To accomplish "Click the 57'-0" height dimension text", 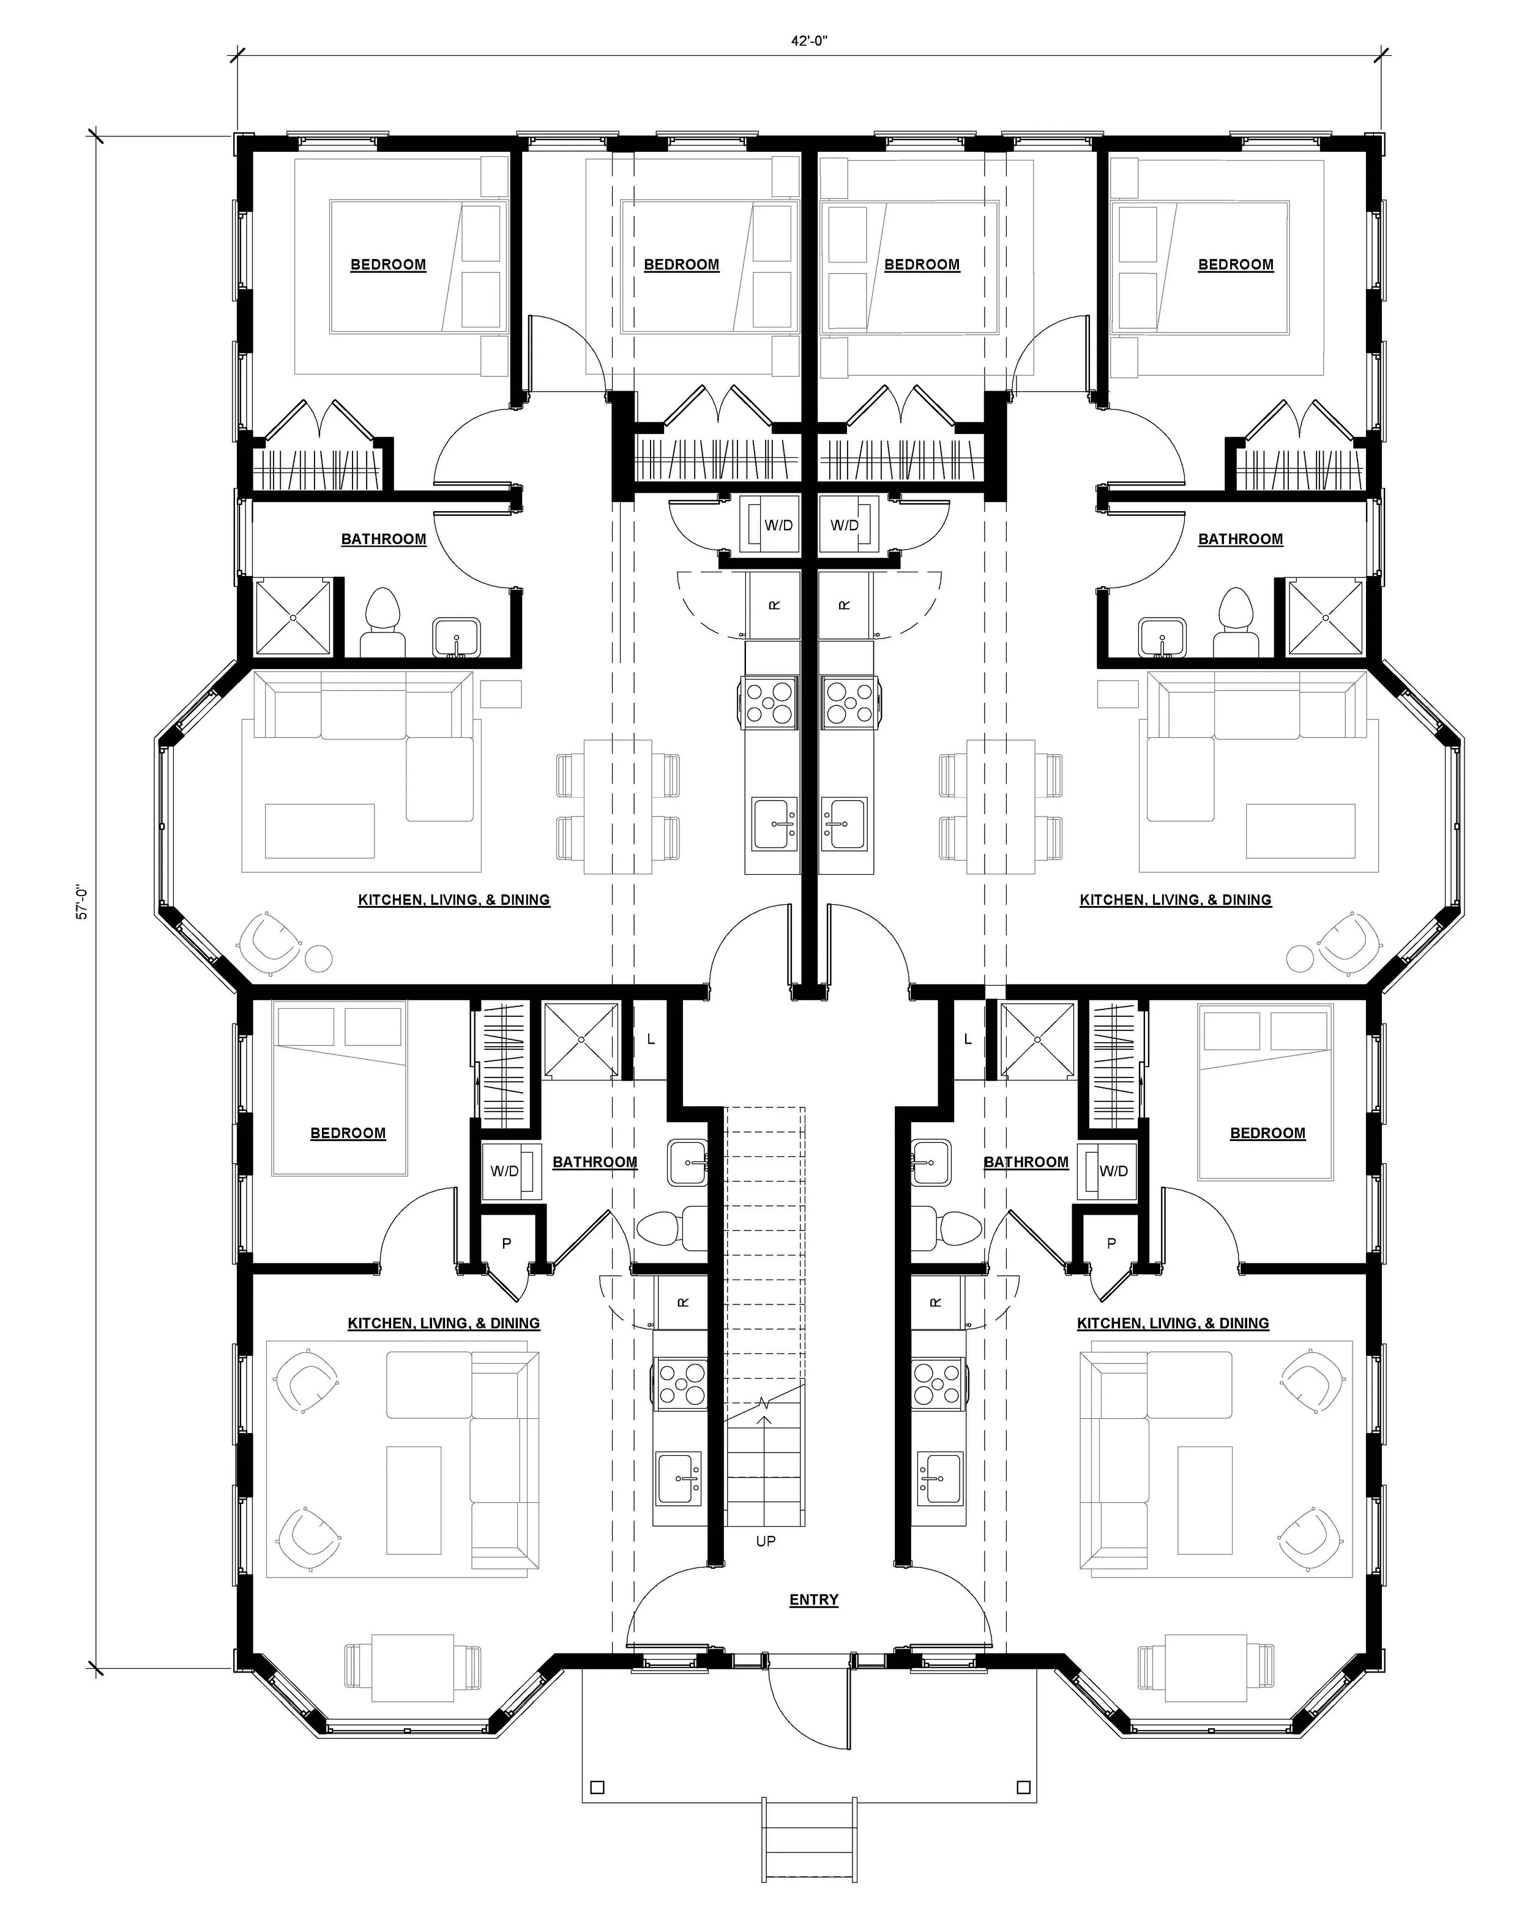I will (x=81, y=900).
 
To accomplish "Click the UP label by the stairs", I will (x=766, y=1541).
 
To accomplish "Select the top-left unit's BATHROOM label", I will (x=383, y=539).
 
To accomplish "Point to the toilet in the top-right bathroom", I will (x=1236, y=624).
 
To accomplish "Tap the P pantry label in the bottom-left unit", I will (x=507, y=1243).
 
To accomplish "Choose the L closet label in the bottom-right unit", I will (x=968, y=1039).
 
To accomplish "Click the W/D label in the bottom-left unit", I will (x=505, y=1171).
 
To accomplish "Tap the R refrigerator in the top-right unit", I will (x=845, y=605).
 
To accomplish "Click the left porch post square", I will (x=597, y=1787).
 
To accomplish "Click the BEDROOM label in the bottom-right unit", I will (x=1267, y=1133).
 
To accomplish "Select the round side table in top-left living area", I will (x=318, y=958).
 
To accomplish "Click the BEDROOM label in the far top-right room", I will (x=1236, y=264).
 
